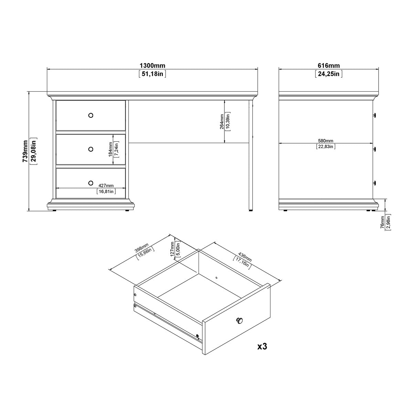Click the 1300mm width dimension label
click(152, 66)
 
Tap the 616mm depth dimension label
click(328, 66)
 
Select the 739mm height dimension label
click(25, 151)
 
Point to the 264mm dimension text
click(222, 121)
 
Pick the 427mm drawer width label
click(106, 186)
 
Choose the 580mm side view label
click(325, 141)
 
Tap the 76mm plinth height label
click(382, 222)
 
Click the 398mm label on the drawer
click(142, 247)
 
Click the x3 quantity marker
click(262, 346)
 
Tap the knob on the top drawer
click(91, 115)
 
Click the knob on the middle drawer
click(91, 149)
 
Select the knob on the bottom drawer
click(91, 182)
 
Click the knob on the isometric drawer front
click(239, 321)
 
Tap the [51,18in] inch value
click(152, 74)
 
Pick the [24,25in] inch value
click(328, 74)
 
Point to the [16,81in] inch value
click(106, 192)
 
